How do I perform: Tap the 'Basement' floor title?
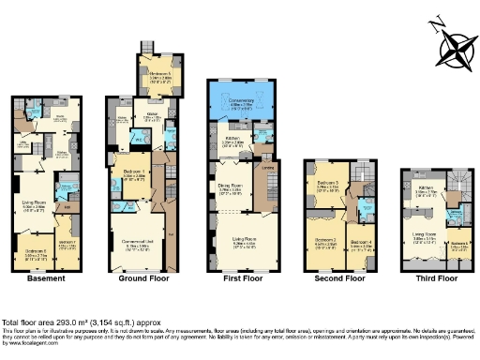coord(46,278)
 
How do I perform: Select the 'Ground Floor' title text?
coord(142,278)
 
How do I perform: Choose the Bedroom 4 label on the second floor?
coord(362,241)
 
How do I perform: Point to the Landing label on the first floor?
coord(267,168)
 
